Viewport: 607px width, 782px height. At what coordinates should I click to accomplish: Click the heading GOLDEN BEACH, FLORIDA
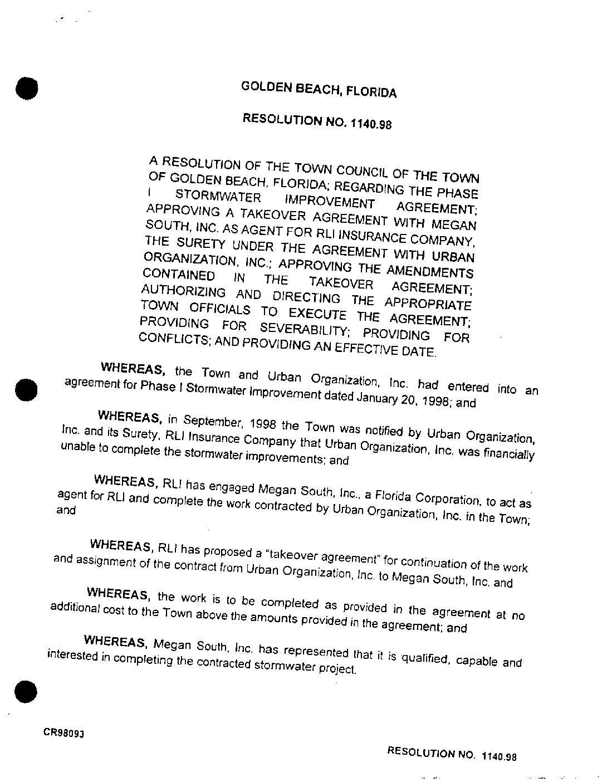click(319, 89)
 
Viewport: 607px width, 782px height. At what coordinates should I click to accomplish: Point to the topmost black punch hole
click(26, 88)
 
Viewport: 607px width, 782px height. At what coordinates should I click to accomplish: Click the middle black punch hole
click(26, 389)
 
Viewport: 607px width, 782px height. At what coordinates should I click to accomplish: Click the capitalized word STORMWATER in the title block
click(218, 197)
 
